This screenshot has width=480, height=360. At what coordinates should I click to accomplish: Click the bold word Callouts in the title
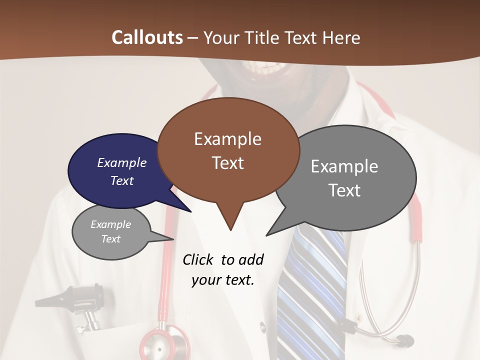(147, 37)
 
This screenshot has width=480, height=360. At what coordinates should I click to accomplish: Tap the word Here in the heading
(342, 37)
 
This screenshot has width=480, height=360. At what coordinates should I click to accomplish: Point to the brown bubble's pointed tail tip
(230, 230)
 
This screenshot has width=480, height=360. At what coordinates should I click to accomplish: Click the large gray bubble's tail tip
(267, 235)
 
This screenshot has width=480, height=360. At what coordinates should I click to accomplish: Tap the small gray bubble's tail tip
(173, 239)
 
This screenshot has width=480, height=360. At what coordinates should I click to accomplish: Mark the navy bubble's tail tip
(191, 211)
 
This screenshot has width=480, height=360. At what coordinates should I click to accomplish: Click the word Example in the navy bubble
(121, 163)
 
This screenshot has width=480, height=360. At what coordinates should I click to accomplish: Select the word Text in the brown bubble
(228, 163)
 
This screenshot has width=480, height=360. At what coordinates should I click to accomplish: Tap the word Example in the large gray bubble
(344, 166)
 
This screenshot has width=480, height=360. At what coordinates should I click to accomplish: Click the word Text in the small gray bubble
(111, 239)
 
